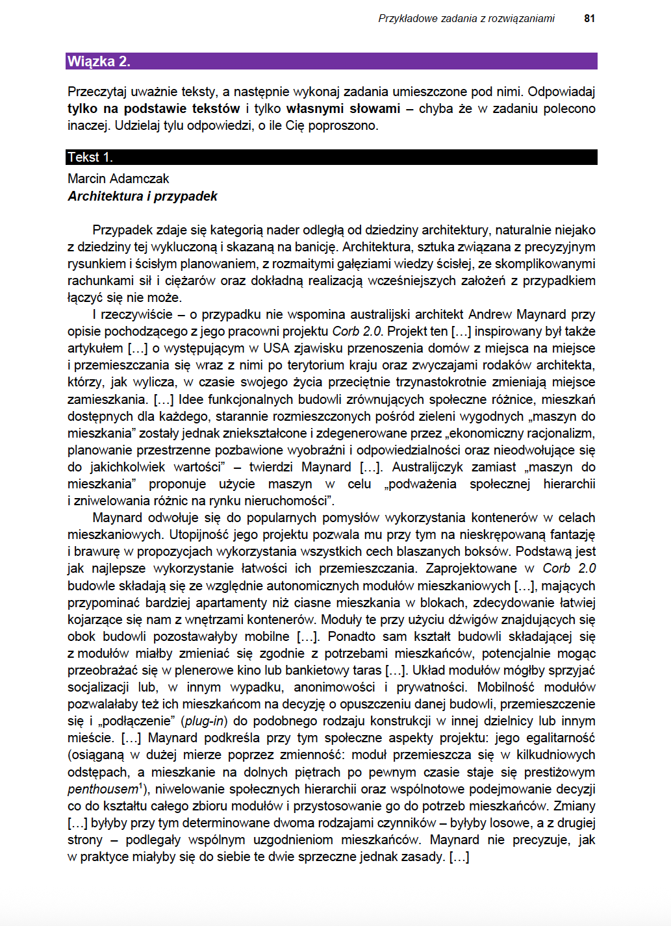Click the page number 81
[589, 18]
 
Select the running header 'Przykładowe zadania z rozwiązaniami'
[466, 18]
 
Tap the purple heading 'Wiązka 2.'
[99, 62]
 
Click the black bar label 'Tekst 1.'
[90, 157]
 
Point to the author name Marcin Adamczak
[118, 179]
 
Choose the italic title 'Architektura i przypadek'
[142, 196]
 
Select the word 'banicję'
[316, 247]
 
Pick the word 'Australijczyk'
[428, 467]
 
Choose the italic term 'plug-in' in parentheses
[205, 721]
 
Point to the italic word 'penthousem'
[103, 789]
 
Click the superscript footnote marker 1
[141, 785]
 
